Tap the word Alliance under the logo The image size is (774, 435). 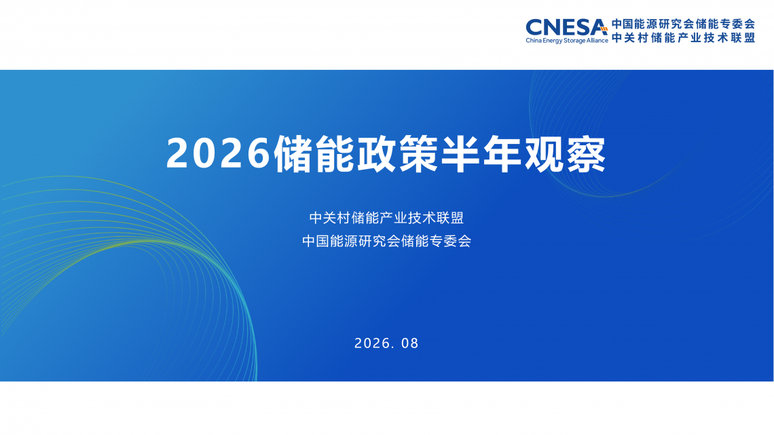coord(597,41)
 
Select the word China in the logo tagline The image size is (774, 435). coord(534,41)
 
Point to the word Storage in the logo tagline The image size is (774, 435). coord(574,41)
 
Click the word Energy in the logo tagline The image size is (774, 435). coord(553,41)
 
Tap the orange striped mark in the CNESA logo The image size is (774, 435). coord(603,29)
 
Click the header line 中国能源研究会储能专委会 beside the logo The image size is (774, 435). coord(683,24)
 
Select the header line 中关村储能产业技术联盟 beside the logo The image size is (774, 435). coord(683,37)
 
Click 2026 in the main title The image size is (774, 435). coord(219,154)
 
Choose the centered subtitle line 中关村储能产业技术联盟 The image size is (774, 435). coord(386,217)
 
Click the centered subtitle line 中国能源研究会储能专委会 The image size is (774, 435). coord(386,241)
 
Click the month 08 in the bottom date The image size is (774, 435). coord(409,343)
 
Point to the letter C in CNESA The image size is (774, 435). coord(534,28)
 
